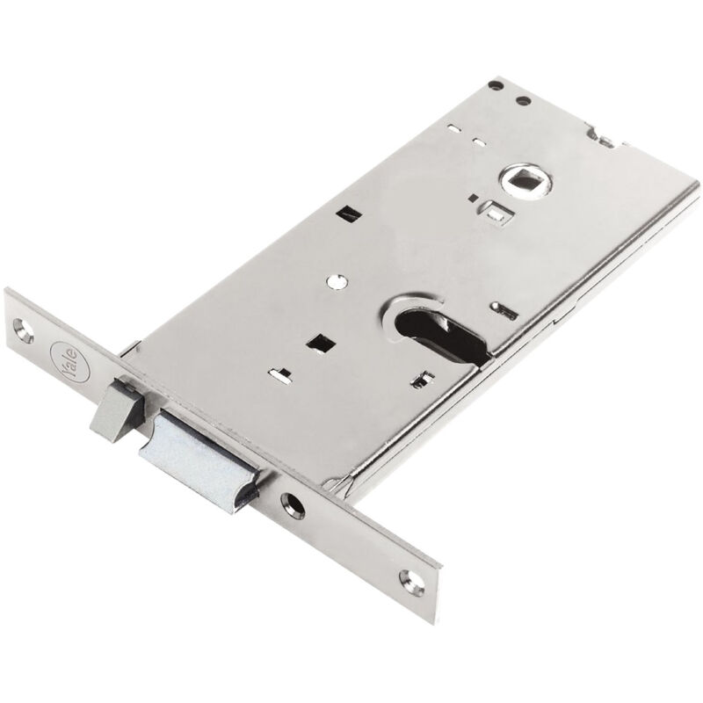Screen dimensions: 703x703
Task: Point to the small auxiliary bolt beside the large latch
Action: pos(116,409)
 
